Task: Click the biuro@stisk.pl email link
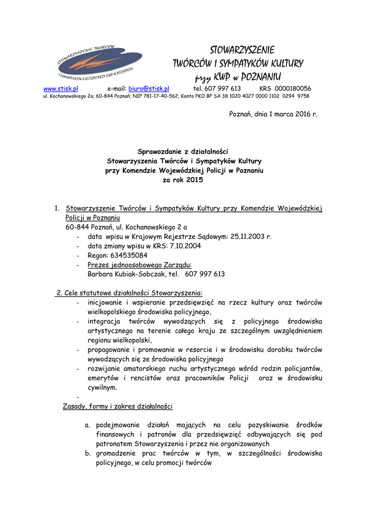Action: pyautogui.click(x=149, y=89)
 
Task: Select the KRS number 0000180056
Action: pyautogui.click(x=293, y=89)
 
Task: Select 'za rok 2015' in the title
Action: pyautogui.click(x=184, y=180)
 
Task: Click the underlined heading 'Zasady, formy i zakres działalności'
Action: pyautogui.click(x=118, y=406)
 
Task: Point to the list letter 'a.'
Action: pyautogui.click(x=88, y=425)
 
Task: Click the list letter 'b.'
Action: pyautogui.click(x=88, y=453)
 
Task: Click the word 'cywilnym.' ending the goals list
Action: pyautogui.click(x=102, y=387)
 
